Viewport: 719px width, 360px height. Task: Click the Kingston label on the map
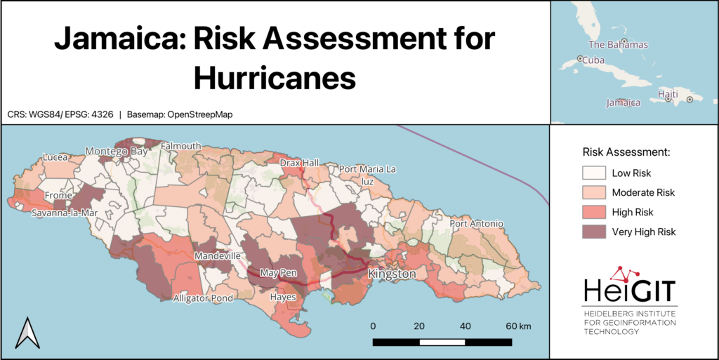(392, 274)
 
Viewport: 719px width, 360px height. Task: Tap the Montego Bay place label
(117, 151)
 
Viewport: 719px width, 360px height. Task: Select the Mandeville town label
(218, 256)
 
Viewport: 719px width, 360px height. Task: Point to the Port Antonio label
(477, 224)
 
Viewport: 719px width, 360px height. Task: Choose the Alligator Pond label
(202, 298)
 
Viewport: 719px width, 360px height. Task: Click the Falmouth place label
(180, 146)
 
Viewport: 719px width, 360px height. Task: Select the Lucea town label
(55, 157)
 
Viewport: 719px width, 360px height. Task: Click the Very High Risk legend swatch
(593, 232)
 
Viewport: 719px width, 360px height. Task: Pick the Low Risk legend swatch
(593, 173)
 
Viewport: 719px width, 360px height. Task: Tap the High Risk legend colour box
(593, 212)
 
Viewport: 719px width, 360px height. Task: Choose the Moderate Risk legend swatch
(593, 192)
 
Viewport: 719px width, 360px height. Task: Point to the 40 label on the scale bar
(465, 326)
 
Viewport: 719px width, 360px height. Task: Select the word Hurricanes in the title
(275, 78)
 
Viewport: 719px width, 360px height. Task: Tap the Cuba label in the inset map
(595, 60)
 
